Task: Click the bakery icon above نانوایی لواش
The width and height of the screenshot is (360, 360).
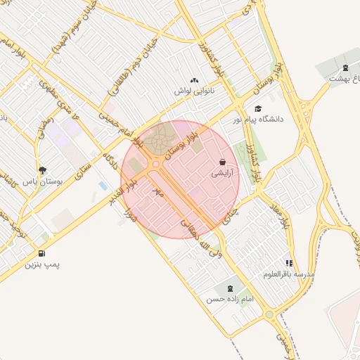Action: point(194,81)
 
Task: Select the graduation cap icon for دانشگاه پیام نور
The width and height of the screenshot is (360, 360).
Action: point(259,109)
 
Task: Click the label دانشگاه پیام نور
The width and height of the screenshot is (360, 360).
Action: point(260,120)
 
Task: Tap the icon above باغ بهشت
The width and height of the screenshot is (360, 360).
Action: point(345,68)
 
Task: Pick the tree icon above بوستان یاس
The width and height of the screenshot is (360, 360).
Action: point(43,169)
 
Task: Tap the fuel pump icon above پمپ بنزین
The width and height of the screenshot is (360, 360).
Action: point(43,253)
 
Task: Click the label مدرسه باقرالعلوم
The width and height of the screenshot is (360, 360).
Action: point(289,274)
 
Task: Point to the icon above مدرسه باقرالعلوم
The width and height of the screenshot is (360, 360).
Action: point(289,263)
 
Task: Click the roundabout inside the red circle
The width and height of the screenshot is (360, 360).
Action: point(155,164)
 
